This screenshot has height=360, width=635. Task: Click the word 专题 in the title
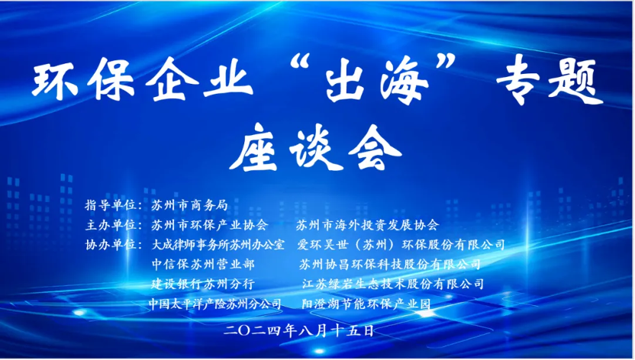[550, 82]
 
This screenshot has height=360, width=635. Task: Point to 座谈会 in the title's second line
[315, 148]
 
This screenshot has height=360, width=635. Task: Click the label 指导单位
[110, 205]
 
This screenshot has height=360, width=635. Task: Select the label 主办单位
[110, 225]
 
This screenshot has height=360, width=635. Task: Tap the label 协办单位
[110, 245]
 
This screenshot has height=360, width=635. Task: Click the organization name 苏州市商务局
[189, 205]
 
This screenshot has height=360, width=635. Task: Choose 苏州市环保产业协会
[209, 225]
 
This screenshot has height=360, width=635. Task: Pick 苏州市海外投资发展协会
[367, 225]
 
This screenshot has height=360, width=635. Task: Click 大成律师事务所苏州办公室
[218, 245]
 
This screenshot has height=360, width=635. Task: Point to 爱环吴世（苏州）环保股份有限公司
[401, 245]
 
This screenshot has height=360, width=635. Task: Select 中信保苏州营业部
[203, 264]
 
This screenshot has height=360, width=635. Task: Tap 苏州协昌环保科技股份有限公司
[389, 264]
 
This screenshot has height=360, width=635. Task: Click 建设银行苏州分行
[203, 284]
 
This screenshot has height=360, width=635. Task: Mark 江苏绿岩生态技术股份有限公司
[393, 284]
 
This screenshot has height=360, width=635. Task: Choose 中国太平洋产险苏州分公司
[215, 304]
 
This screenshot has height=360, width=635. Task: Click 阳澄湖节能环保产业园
[366, 304]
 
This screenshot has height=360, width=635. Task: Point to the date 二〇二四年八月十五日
[299, 331]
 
